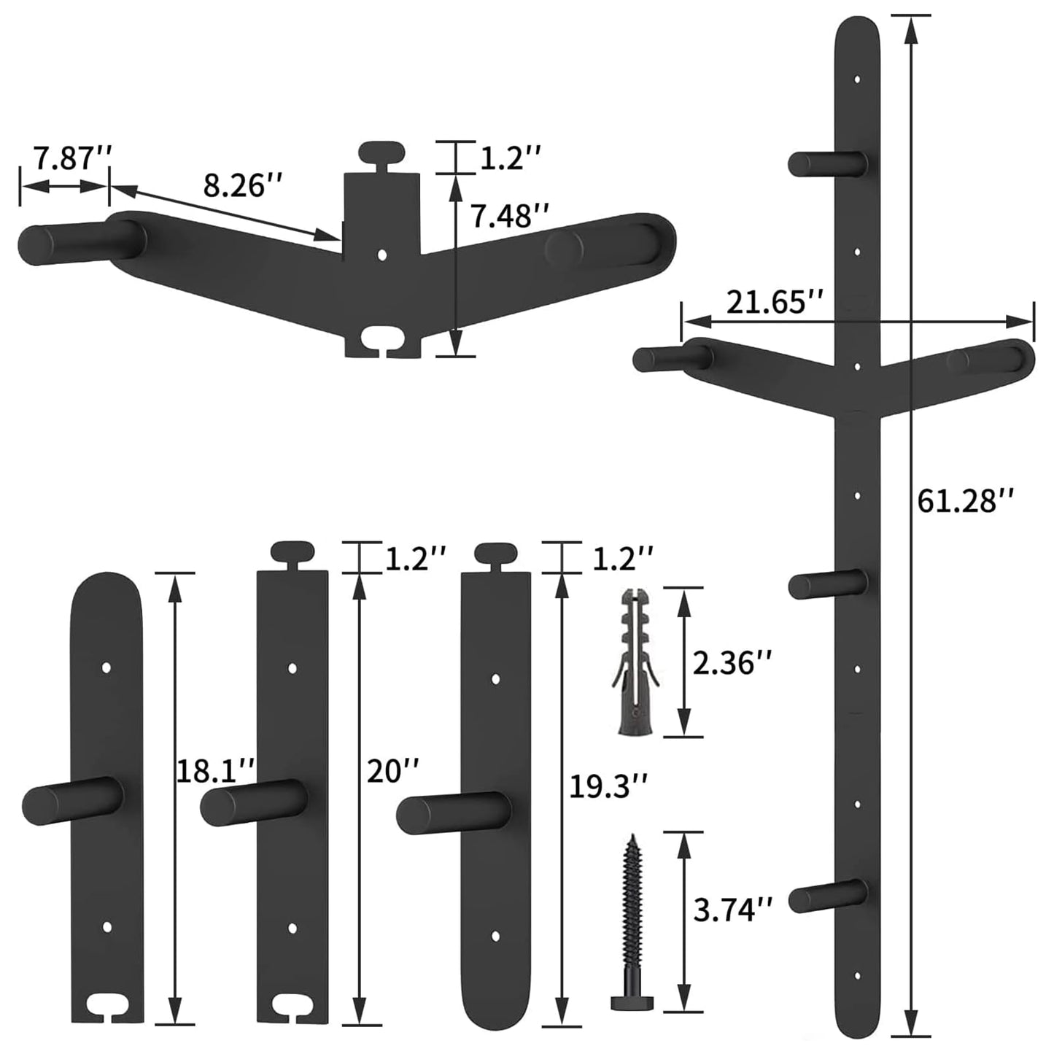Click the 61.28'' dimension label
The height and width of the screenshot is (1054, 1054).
point(966,501)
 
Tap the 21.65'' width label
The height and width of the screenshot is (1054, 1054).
point(774,302)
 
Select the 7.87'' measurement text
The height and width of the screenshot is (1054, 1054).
point(73,158)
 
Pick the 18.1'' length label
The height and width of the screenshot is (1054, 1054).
point(215,771)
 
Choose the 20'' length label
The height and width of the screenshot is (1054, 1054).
point(392,771)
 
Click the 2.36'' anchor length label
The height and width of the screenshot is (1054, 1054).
point(732,664)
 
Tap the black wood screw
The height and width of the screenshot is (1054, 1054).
point(633,907)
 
